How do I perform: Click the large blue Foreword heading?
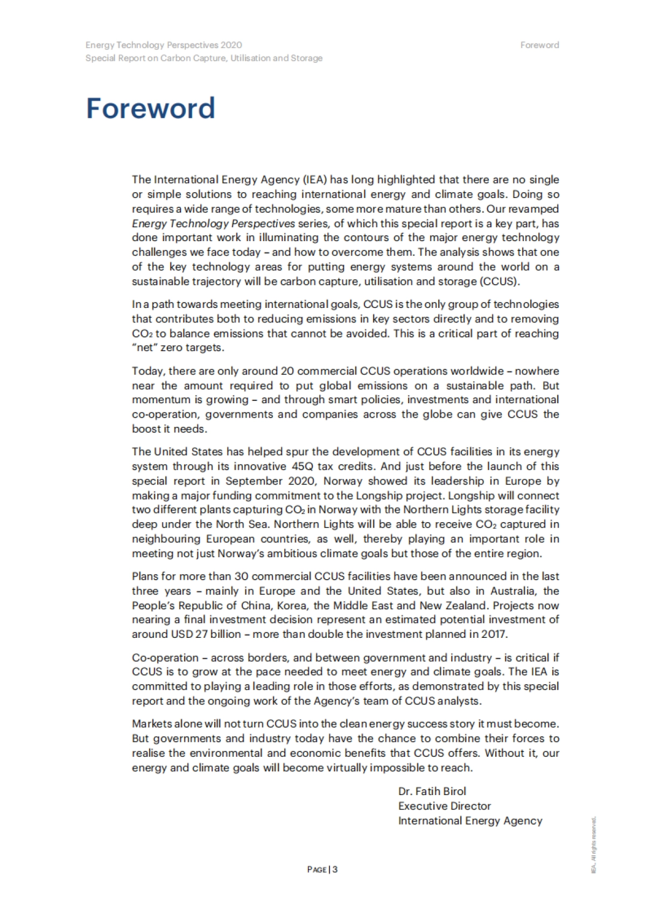150,108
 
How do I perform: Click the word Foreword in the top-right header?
539,45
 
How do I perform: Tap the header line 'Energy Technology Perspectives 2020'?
164,45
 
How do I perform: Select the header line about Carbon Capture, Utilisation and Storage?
203,58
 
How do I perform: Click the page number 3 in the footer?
335,869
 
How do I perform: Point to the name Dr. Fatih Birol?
432,791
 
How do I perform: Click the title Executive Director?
444,806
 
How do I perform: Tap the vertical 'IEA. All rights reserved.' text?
594,845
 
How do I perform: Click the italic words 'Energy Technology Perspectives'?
213,223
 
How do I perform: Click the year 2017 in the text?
494,634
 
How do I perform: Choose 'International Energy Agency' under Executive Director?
470,820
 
